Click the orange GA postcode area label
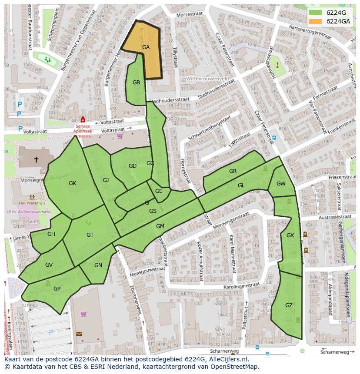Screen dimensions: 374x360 [146, 47]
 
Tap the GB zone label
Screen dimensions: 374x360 [136, 83]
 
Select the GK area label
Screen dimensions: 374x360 [72, 183]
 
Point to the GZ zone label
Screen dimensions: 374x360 [289, 305]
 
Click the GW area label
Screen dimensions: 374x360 [281, 184]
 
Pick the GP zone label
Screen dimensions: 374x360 [57, 288]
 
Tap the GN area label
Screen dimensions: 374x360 [98, 265]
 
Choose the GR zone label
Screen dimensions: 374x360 [233, 171]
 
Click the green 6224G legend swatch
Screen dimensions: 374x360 [316, 13]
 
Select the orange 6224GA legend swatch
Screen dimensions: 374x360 [316, 21]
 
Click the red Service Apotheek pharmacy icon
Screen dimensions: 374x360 [83, 119]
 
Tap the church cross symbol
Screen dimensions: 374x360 [36, 159]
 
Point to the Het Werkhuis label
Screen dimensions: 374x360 [32, 203]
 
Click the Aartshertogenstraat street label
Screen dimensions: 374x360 [304, 33]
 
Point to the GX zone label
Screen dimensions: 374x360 [290, 235]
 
